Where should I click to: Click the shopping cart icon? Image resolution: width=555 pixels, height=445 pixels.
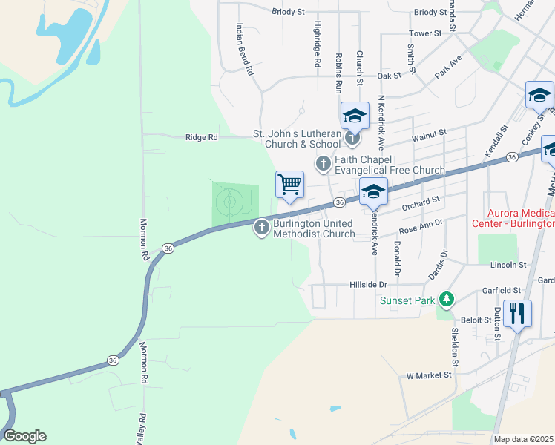289,184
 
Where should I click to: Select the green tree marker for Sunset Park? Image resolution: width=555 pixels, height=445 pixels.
447,299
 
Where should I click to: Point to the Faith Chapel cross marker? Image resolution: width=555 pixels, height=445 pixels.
323,163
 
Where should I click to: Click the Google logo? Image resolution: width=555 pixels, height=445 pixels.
24,436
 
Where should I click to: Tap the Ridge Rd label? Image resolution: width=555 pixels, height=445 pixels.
202,137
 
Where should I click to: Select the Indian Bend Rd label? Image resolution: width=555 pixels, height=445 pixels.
245,50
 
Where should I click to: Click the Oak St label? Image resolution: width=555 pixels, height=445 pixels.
389,76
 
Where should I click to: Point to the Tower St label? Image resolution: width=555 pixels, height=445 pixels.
425,33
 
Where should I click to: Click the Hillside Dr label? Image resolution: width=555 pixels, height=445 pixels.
368,285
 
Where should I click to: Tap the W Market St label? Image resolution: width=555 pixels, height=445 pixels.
429,375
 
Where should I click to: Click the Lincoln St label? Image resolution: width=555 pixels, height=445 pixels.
508,265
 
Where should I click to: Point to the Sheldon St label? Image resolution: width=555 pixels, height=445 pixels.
454,346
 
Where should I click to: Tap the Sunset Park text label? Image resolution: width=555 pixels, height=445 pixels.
407,300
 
